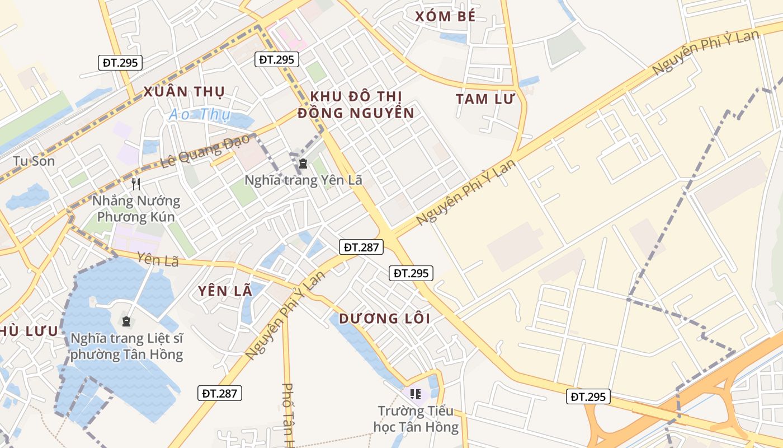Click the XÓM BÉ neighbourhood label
pos(445,16)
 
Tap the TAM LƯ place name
pos(484,99)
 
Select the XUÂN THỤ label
pos(184,91)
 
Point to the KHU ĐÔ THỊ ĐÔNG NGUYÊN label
pos(356,104)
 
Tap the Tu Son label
pos(34,161)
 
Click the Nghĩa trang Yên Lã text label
pos(304,180)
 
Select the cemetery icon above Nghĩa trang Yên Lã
pos(303,164)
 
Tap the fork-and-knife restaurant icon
pos(135,184)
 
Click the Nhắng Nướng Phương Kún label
pos(136,209)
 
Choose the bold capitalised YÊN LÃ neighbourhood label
pos(221,291)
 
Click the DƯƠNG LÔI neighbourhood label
pos(384,319)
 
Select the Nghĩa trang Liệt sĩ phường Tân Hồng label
pos(127,347)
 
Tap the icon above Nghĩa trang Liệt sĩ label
pos(126,321)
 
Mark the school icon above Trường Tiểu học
pos(415,394)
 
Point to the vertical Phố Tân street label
pos(289,414)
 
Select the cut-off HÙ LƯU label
pos(29,331)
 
